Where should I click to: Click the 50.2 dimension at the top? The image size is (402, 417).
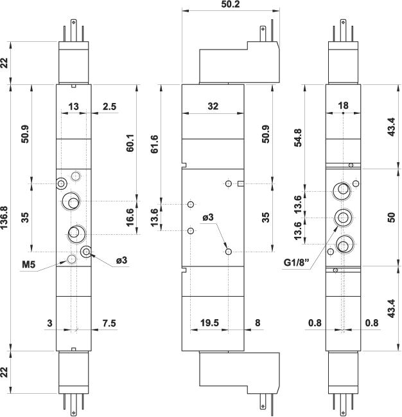coord(231,5)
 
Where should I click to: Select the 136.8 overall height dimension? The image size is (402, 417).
coord(5,217)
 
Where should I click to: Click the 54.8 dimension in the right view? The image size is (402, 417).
coord(297,140)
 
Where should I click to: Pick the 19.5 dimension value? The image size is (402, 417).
coord(209,324)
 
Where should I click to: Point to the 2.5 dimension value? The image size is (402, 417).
coord(109,107)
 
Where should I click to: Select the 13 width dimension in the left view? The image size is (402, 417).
coord(73,107)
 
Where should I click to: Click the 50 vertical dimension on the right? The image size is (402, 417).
coord(390,217)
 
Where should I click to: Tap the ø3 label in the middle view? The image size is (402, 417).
coord(208,218)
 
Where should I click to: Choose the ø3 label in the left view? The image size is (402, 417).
coord(121,260)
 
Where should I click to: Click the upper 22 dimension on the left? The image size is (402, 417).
coord(5,62)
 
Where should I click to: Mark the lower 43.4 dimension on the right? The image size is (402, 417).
coord(390,308)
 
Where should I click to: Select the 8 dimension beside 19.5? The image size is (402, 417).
coord(257,324)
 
